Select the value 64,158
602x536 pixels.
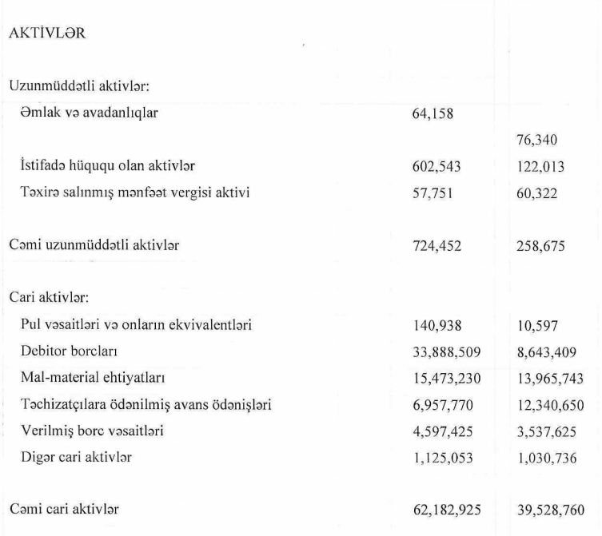click(x=432, y=113)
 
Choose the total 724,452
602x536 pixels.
click(x=436, y=245)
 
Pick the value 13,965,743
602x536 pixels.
click(x=548, y=377)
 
